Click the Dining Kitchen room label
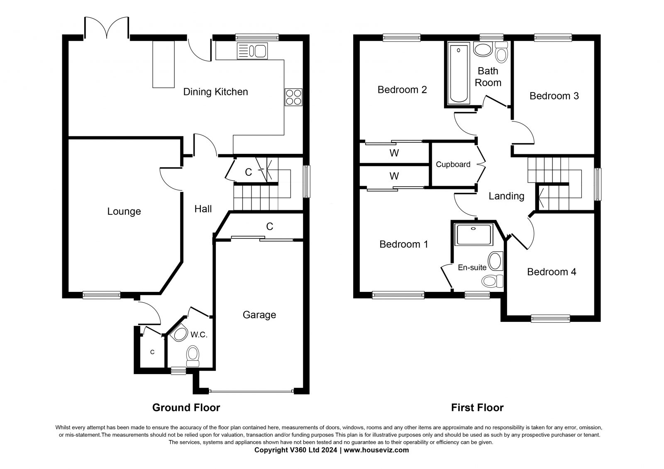(215, 92)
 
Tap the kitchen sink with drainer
(252, 51)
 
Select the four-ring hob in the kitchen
(293, 97)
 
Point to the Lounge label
(124, 211)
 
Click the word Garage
(259, 315)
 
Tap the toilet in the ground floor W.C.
(193, 356)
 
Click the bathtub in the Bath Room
(459, 73)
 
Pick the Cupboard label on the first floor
(453, 165)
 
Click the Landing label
(506, 196)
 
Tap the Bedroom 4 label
(552, 272)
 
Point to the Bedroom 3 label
(554, 96)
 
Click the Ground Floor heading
(186, 408)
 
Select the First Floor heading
(477, 408)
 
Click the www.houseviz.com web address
(376, 450)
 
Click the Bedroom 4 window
(550, 318)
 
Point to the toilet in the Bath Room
(502, 52)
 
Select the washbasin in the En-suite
(496, 261)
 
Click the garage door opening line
(251, 391)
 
